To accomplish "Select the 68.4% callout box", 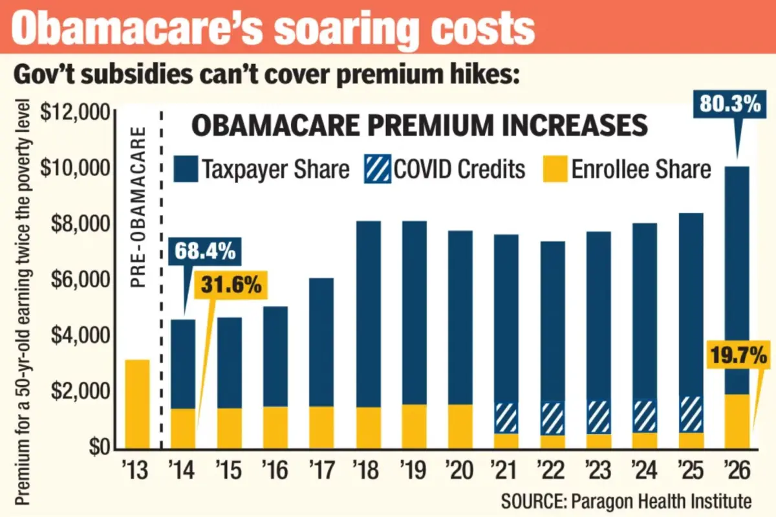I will [x=202, y=251].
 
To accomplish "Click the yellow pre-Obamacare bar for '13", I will [x=136, y=404].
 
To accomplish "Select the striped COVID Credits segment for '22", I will [x=552, y=418].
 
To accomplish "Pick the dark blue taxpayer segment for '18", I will [x=368, y=314].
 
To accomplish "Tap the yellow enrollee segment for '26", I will [x=737, y=421].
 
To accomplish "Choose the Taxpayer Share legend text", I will [x=275, y=170].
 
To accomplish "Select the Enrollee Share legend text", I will [x=641, y=170].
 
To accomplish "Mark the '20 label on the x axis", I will [x=460, y=470].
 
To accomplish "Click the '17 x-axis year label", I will [x=321, y=470].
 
